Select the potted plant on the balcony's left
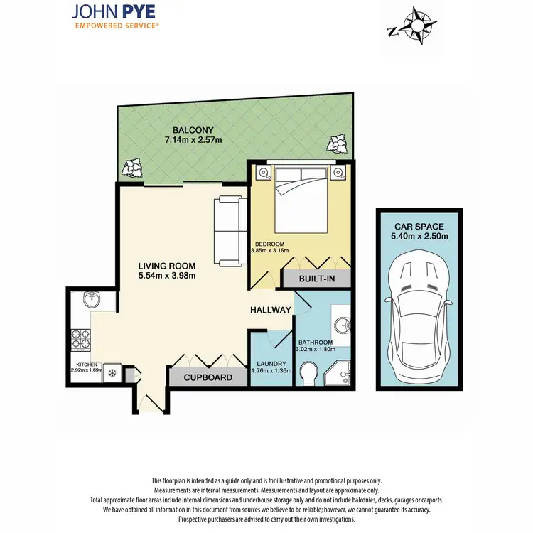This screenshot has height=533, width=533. point(133,168)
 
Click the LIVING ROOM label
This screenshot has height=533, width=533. point(167,266)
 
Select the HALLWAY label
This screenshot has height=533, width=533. point(270,310)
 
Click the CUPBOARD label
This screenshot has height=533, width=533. point(208,377)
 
